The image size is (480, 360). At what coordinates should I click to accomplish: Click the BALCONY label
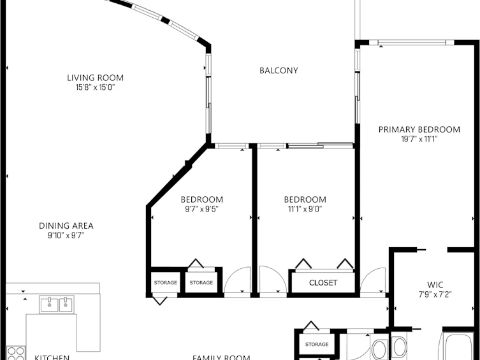279,71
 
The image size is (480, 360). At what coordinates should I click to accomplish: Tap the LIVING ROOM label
95,78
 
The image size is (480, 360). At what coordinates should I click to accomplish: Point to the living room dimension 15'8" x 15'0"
95,87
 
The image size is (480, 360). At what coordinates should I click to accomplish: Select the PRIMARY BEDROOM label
419,130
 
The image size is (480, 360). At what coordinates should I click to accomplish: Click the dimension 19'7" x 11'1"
419,139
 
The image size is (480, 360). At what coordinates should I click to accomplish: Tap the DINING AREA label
66,226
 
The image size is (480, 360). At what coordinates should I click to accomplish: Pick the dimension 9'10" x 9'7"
66,236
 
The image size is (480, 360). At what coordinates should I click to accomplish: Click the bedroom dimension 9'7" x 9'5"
201,209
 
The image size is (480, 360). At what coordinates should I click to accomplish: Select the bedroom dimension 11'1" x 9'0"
305,209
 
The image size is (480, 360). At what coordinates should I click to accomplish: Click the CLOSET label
323,283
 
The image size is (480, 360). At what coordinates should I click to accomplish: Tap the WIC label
435,285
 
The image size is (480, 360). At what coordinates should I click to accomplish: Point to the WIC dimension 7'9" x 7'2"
435,294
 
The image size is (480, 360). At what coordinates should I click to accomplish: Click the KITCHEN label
52,357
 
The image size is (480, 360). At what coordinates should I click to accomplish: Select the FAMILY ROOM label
221,357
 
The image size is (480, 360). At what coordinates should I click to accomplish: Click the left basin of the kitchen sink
49,305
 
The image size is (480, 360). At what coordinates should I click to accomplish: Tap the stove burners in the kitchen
15,353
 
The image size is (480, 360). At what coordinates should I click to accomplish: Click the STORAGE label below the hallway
317,345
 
